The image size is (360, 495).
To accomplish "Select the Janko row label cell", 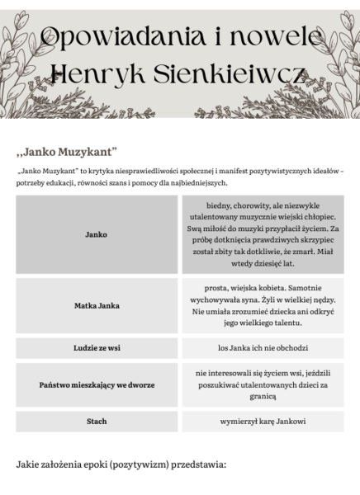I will (x=97, y=234).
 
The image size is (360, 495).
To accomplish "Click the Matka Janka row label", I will (x=97, y=305).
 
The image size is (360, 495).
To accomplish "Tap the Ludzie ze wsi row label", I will (x=97, y=348).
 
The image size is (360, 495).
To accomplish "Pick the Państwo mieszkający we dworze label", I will (x=97, y=384).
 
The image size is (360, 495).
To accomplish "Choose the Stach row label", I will (x=97, y=421).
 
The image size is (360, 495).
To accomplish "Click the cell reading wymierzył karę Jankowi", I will (x=263, y=421).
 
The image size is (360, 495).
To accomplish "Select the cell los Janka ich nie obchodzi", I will (x=263, y=348).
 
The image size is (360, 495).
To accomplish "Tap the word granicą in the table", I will (x=263, y=396).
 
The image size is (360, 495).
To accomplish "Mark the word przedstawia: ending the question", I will (x=197, y=465).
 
